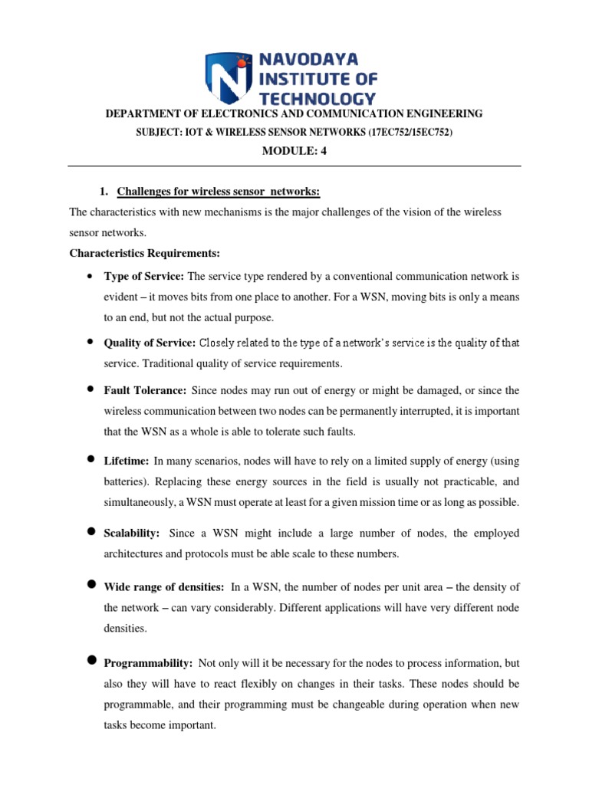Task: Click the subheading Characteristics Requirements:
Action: (x=134, y=252)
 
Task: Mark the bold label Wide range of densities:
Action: (x=164, y=586)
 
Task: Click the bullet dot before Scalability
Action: (x=90, y=531)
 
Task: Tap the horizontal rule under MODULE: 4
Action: (x=294, y=166)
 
